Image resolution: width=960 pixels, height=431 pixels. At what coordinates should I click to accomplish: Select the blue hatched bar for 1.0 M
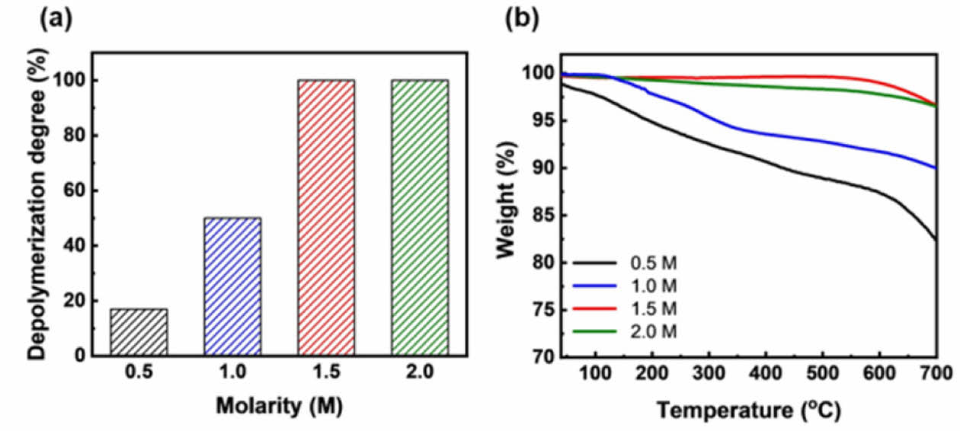tap(232, 286)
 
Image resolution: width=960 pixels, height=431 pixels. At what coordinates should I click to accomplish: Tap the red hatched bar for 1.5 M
tap(326, 218)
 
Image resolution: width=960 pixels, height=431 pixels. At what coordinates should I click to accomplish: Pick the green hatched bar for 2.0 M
tap(420, 218)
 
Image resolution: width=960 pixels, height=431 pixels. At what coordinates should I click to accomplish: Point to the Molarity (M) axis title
tap(278, 406)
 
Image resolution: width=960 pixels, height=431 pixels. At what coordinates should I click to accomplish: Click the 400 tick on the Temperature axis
tap(766, 372)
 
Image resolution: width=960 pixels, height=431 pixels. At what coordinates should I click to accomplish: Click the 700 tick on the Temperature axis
tap(936, 372)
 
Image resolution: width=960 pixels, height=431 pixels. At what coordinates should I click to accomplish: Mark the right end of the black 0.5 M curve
tap(936, 240)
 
